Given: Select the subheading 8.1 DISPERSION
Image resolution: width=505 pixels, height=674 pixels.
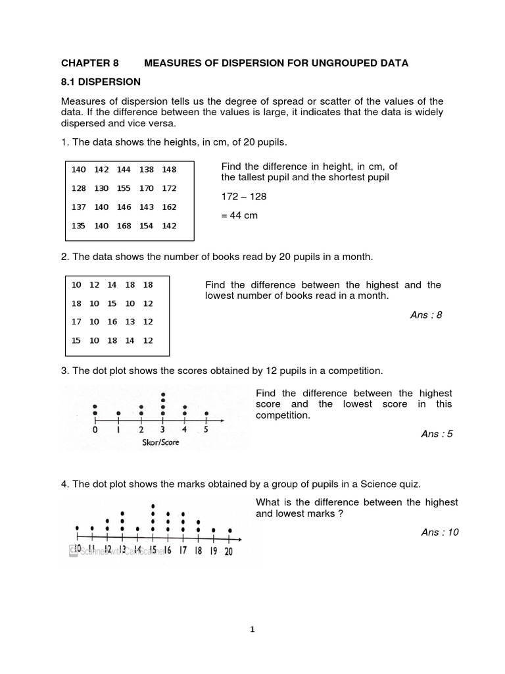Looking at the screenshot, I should pos(101,82).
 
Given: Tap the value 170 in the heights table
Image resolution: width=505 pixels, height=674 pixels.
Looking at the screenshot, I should pos(147,188).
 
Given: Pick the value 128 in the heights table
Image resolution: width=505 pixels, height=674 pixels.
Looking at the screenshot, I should pos(79,188).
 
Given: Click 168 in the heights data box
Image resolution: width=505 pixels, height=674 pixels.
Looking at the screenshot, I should pos(124,226).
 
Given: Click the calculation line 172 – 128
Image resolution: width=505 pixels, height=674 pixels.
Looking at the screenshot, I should pos(244,197).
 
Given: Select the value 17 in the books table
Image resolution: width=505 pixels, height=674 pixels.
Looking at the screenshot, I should pos(76,322).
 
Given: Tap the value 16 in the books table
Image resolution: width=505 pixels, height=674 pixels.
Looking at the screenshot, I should pos(112,322).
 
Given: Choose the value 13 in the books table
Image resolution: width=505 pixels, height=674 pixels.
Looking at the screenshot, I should pos(130,322).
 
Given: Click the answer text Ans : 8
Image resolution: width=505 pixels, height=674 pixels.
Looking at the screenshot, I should pos(426,315).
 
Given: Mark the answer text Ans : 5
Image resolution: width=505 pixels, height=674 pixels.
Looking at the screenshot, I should pos(437,434).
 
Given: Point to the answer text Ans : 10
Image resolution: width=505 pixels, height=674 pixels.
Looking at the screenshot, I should pos(440,532).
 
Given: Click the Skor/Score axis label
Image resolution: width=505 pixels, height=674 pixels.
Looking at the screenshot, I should pos(160,442).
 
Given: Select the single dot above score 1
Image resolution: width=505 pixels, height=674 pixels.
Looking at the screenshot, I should pos(118,413).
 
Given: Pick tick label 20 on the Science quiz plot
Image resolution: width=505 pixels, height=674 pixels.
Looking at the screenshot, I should pos(228,552).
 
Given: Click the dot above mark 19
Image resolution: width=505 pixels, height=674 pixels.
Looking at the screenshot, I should pos(214,530).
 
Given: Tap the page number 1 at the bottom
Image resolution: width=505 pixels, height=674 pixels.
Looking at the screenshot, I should pos(252,629).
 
